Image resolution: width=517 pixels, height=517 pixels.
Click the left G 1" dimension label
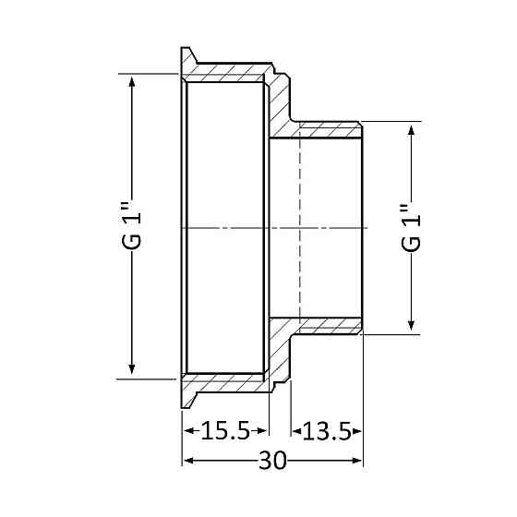tap(133, 226)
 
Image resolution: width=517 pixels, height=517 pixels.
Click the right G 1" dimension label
tap(412, 226)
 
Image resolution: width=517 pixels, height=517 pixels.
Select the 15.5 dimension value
tap(224, 431)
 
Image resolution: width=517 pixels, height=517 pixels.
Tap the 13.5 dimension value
tap(327, 431)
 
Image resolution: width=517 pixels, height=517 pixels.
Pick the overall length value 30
tap(272, 461)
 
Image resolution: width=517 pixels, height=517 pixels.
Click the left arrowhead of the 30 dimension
tap(186, 461)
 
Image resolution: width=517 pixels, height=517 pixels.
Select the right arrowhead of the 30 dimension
tap(358, 461)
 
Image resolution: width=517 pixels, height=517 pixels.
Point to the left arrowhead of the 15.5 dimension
tap(186, 431)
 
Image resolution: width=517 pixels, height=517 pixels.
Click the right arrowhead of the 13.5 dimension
tap(358, 431)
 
